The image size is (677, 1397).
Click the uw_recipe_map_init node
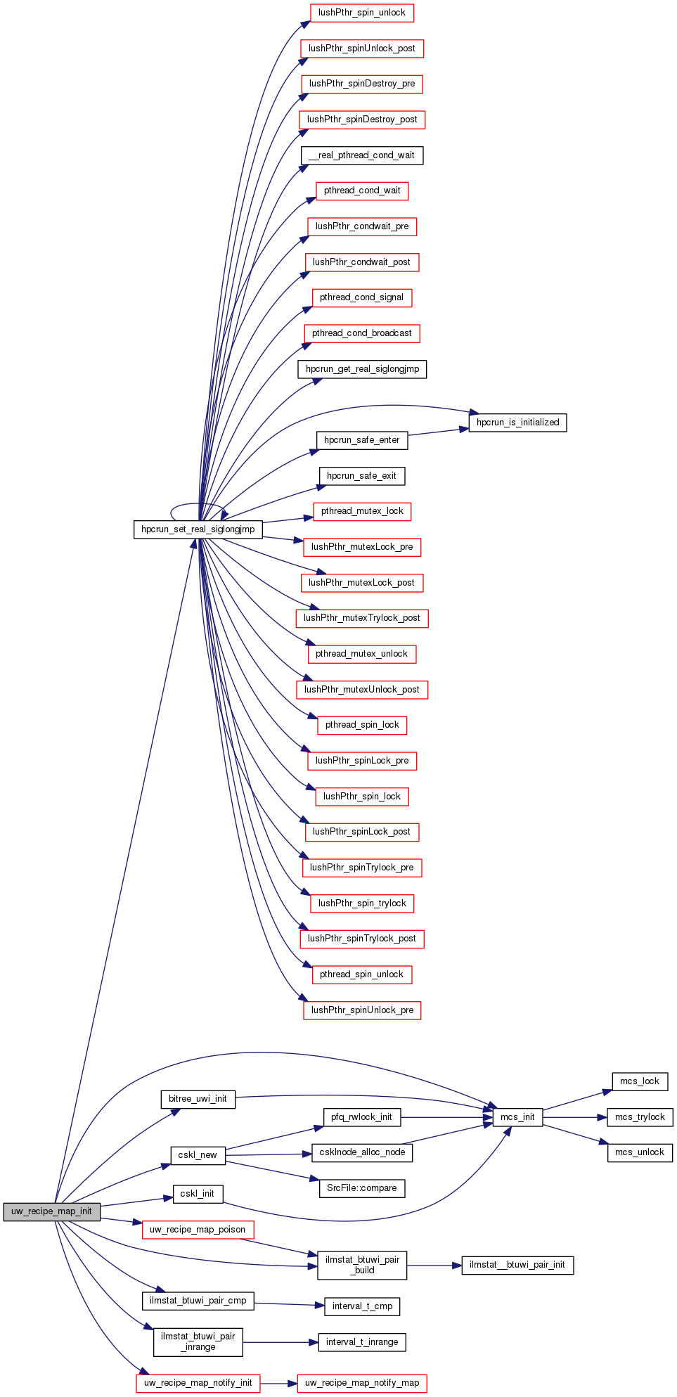pos(51,1211)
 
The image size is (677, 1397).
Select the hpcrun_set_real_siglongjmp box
pos(198,529)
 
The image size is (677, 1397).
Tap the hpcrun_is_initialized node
pos(517,423)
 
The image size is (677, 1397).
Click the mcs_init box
pos(517,1117)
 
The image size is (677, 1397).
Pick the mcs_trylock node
pos(640,1117)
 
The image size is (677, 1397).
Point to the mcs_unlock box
pos(640,1152)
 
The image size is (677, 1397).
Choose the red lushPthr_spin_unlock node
pos(361,13)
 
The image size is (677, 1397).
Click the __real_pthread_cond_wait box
pos(361,155)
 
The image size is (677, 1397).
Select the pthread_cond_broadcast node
pos(361,333)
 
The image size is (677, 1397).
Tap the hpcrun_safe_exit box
pos(361,476)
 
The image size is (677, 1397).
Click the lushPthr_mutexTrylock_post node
pos(361,618)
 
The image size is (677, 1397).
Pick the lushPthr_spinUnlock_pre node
pos(361,1010)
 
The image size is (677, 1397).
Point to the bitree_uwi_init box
pos(198,1099)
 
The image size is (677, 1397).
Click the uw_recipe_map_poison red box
pos(198,1230)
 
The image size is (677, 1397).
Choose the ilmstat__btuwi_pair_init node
pos(517,1265)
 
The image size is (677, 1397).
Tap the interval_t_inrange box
pos(361,1342)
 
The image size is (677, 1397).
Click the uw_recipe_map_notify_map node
pos(361,1383)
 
